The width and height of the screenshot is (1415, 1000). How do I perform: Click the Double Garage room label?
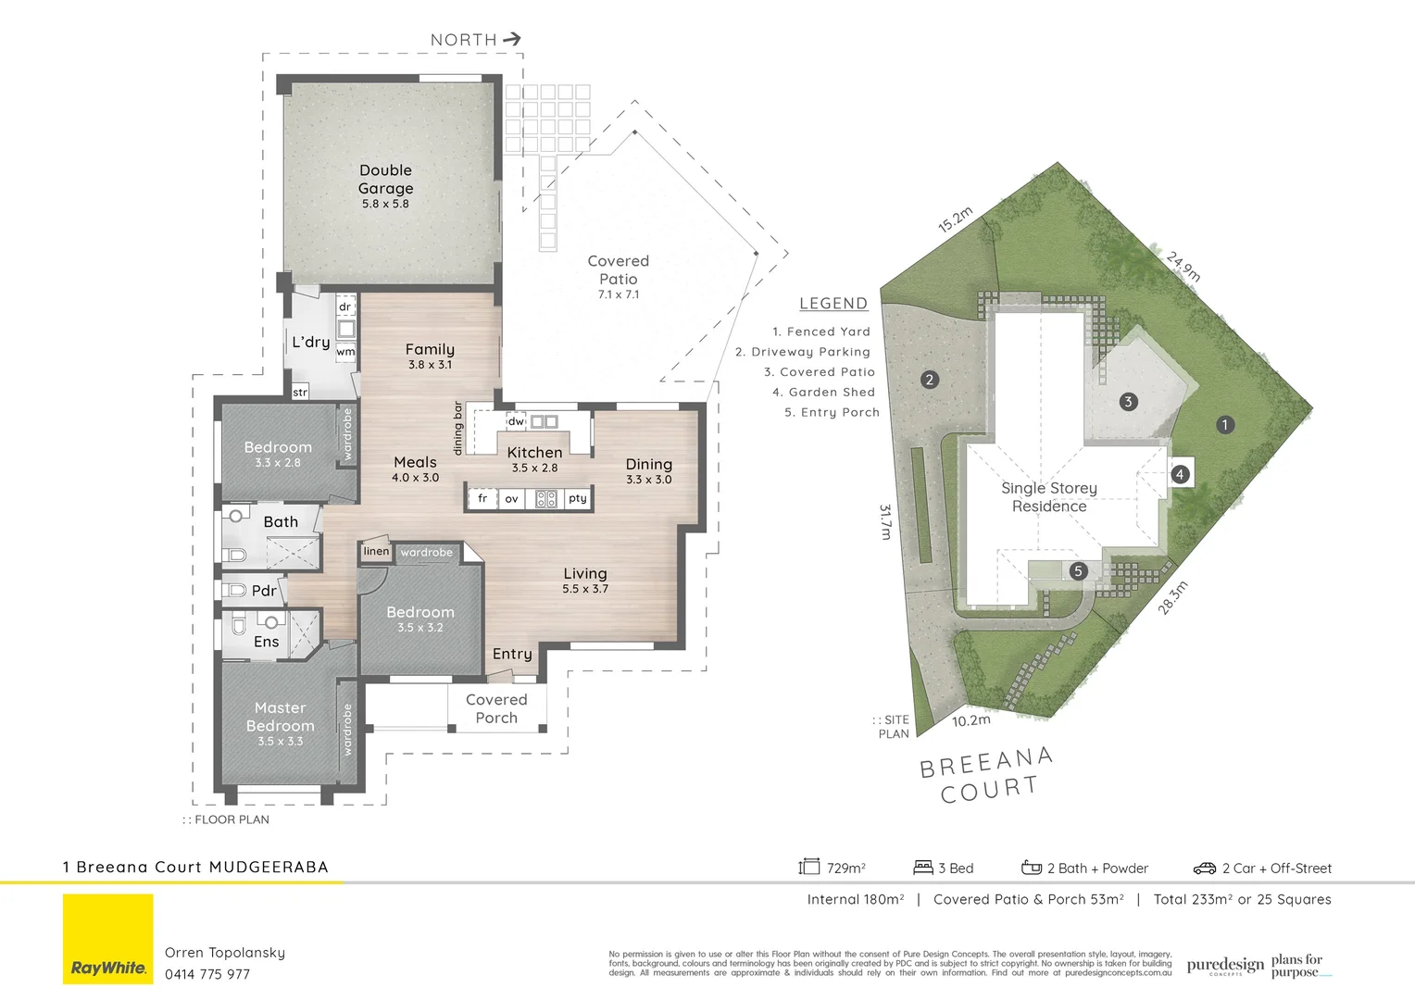click(x=385, y=180)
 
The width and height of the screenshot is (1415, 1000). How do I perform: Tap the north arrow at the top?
click(x=512, y=39)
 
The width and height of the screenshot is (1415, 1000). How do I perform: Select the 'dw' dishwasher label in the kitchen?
click(x=516, y=421)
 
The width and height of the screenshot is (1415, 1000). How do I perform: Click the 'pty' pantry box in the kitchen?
click(x=578, y=498)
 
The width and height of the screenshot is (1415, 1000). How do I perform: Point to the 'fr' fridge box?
click(x=482, y=498)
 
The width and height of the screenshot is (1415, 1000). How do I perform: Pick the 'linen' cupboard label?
click(x=376, y=551)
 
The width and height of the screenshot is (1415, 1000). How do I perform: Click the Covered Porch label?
click(x=496, y=708)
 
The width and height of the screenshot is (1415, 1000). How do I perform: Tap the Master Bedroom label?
click(x=280, y=717)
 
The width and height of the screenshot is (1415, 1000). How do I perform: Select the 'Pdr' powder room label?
click(x=264, y=591)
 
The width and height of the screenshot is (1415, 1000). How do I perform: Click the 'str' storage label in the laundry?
click(x=300, y=393)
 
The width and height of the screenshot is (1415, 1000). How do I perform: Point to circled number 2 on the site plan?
click(x=930, y=380)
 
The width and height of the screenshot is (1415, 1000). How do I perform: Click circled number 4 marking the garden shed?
click(x=1180, y=474)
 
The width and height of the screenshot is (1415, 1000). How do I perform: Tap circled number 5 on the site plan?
click(x=1078, y=571)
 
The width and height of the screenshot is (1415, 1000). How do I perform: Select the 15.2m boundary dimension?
click(x=955, y=219)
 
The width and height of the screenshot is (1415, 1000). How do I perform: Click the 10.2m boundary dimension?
click(x=971, y=719)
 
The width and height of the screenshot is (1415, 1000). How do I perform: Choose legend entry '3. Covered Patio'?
click(x=819, y=372)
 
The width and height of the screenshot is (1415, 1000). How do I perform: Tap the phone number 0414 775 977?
click(x=207, y=974)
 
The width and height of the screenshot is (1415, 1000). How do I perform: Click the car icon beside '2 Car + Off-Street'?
click(x=1204, y=869)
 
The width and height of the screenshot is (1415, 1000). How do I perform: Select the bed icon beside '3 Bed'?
click(x=923, y=868)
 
